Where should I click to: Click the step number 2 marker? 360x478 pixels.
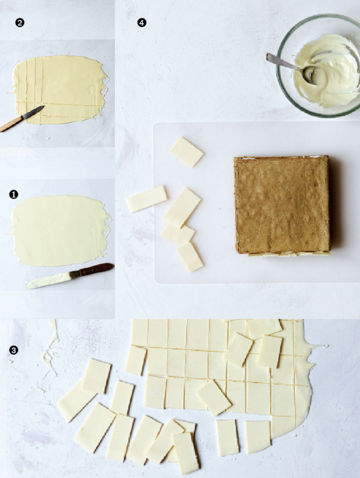[x=20, y=23]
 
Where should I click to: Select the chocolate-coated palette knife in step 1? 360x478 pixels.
[x=69, y=275]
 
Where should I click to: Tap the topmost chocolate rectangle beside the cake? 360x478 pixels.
[x=187, y=151]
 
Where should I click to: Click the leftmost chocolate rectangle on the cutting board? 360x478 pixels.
[x=146, y=199]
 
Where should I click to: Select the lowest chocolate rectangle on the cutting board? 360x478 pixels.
[x=190, y=256]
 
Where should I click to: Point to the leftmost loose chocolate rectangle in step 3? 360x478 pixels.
[x=76, y=401]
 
